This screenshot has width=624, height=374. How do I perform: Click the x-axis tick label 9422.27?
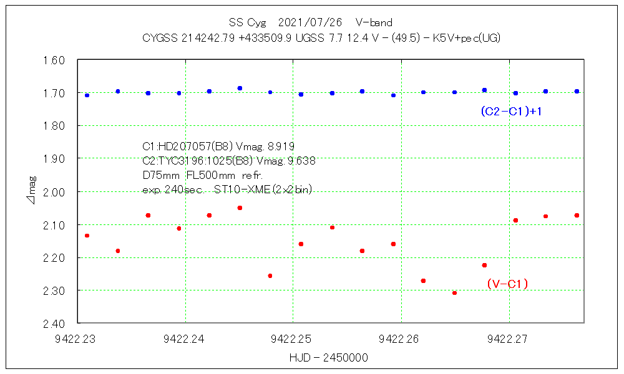[507, 339]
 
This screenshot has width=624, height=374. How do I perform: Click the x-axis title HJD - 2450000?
[328, 358]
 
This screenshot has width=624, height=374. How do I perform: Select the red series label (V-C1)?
[507, 284]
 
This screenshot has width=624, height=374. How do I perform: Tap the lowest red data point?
[454, 292]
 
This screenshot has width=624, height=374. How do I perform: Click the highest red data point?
[240, 208]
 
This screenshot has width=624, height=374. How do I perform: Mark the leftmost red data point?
[87, 236]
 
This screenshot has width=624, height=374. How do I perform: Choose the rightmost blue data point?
[577, 91]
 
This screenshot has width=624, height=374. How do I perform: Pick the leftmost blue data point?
[87, 95]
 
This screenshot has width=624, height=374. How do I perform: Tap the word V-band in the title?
[374, 22]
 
